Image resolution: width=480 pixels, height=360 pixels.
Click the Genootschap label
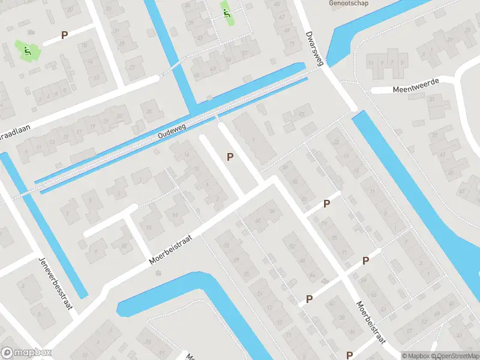tap(349, 3)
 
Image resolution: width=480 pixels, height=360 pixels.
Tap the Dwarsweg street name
tap(314, 49)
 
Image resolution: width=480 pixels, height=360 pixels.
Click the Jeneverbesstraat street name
tap(55, 283)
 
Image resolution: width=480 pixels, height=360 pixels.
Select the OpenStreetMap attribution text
tap(454, 356)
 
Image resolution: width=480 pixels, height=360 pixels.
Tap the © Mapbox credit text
tap(415, 356)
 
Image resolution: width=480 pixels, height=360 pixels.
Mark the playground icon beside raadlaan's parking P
tap(27, 52)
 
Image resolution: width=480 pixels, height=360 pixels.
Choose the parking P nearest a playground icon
tap(64, 35)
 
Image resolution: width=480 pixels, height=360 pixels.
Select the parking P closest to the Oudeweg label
tap(229, 157)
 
